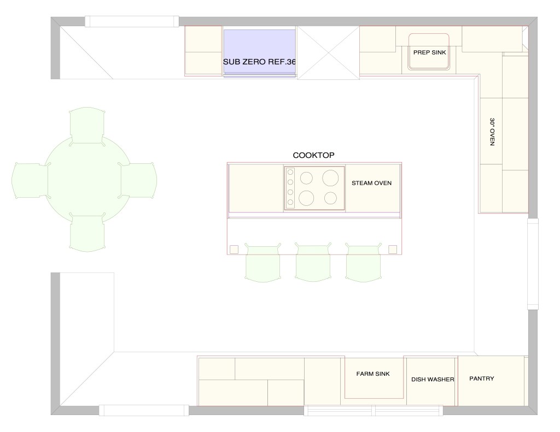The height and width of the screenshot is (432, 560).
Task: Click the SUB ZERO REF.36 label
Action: click(259, 62)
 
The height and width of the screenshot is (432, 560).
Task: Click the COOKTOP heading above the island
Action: click(313, 155)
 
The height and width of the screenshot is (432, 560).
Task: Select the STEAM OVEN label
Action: click(371, 183)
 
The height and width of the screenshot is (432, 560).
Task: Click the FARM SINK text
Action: click(373, 374)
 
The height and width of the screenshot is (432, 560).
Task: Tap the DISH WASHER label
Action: click(433, 380)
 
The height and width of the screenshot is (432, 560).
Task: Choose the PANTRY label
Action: click(482, 378)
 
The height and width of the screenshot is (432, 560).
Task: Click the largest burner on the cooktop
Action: click(330, 177)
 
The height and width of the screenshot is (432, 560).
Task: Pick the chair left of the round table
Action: click(31, 180)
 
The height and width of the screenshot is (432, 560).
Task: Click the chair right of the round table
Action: click(138, 180)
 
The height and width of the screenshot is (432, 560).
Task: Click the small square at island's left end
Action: click(234, 250)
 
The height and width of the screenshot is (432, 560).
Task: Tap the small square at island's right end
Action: click(392, 250)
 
